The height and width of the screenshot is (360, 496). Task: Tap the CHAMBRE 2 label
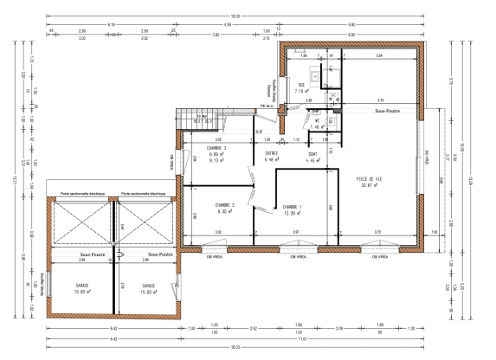pyautogui.click(x=203, y=205)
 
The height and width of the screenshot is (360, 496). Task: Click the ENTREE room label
pyautogui.click(x=271, y=152)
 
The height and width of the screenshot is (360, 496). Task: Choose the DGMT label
pyautogui.click(x=312, y=152)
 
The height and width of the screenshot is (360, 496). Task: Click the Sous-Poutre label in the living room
pyautogui.click(x=390, y=112)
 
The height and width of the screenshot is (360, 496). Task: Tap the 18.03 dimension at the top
pyautogui.click(x=234, y=17)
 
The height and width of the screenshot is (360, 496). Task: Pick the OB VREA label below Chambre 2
pyautogui.click(x=209, y=257)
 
